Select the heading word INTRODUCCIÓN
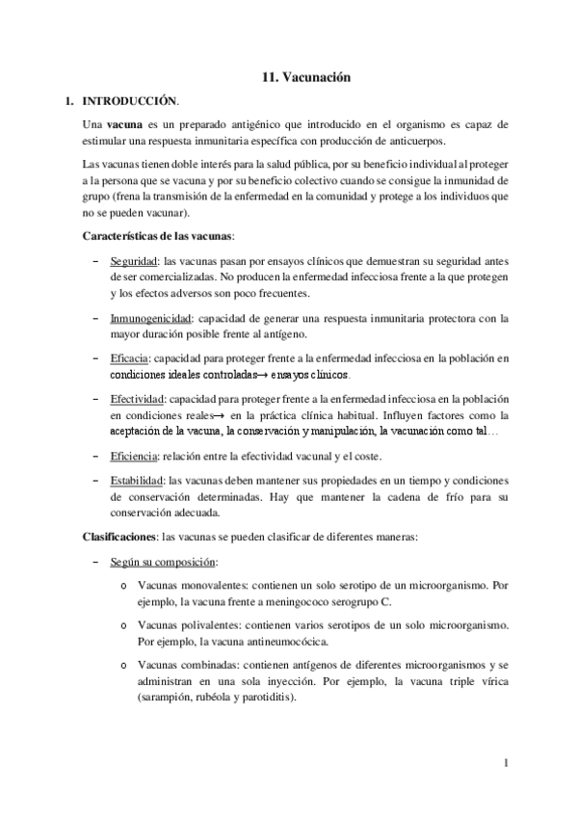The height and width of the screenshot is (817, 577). [x=130, y=100]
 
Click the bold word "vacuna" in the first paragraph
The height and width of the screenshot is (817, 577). [x=124, y=125]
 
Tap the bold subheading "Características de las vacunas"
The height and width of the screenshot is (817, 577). [x=159, y=236]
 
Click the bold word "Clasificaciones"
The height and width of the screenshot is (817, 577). [x=120, y=535]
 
